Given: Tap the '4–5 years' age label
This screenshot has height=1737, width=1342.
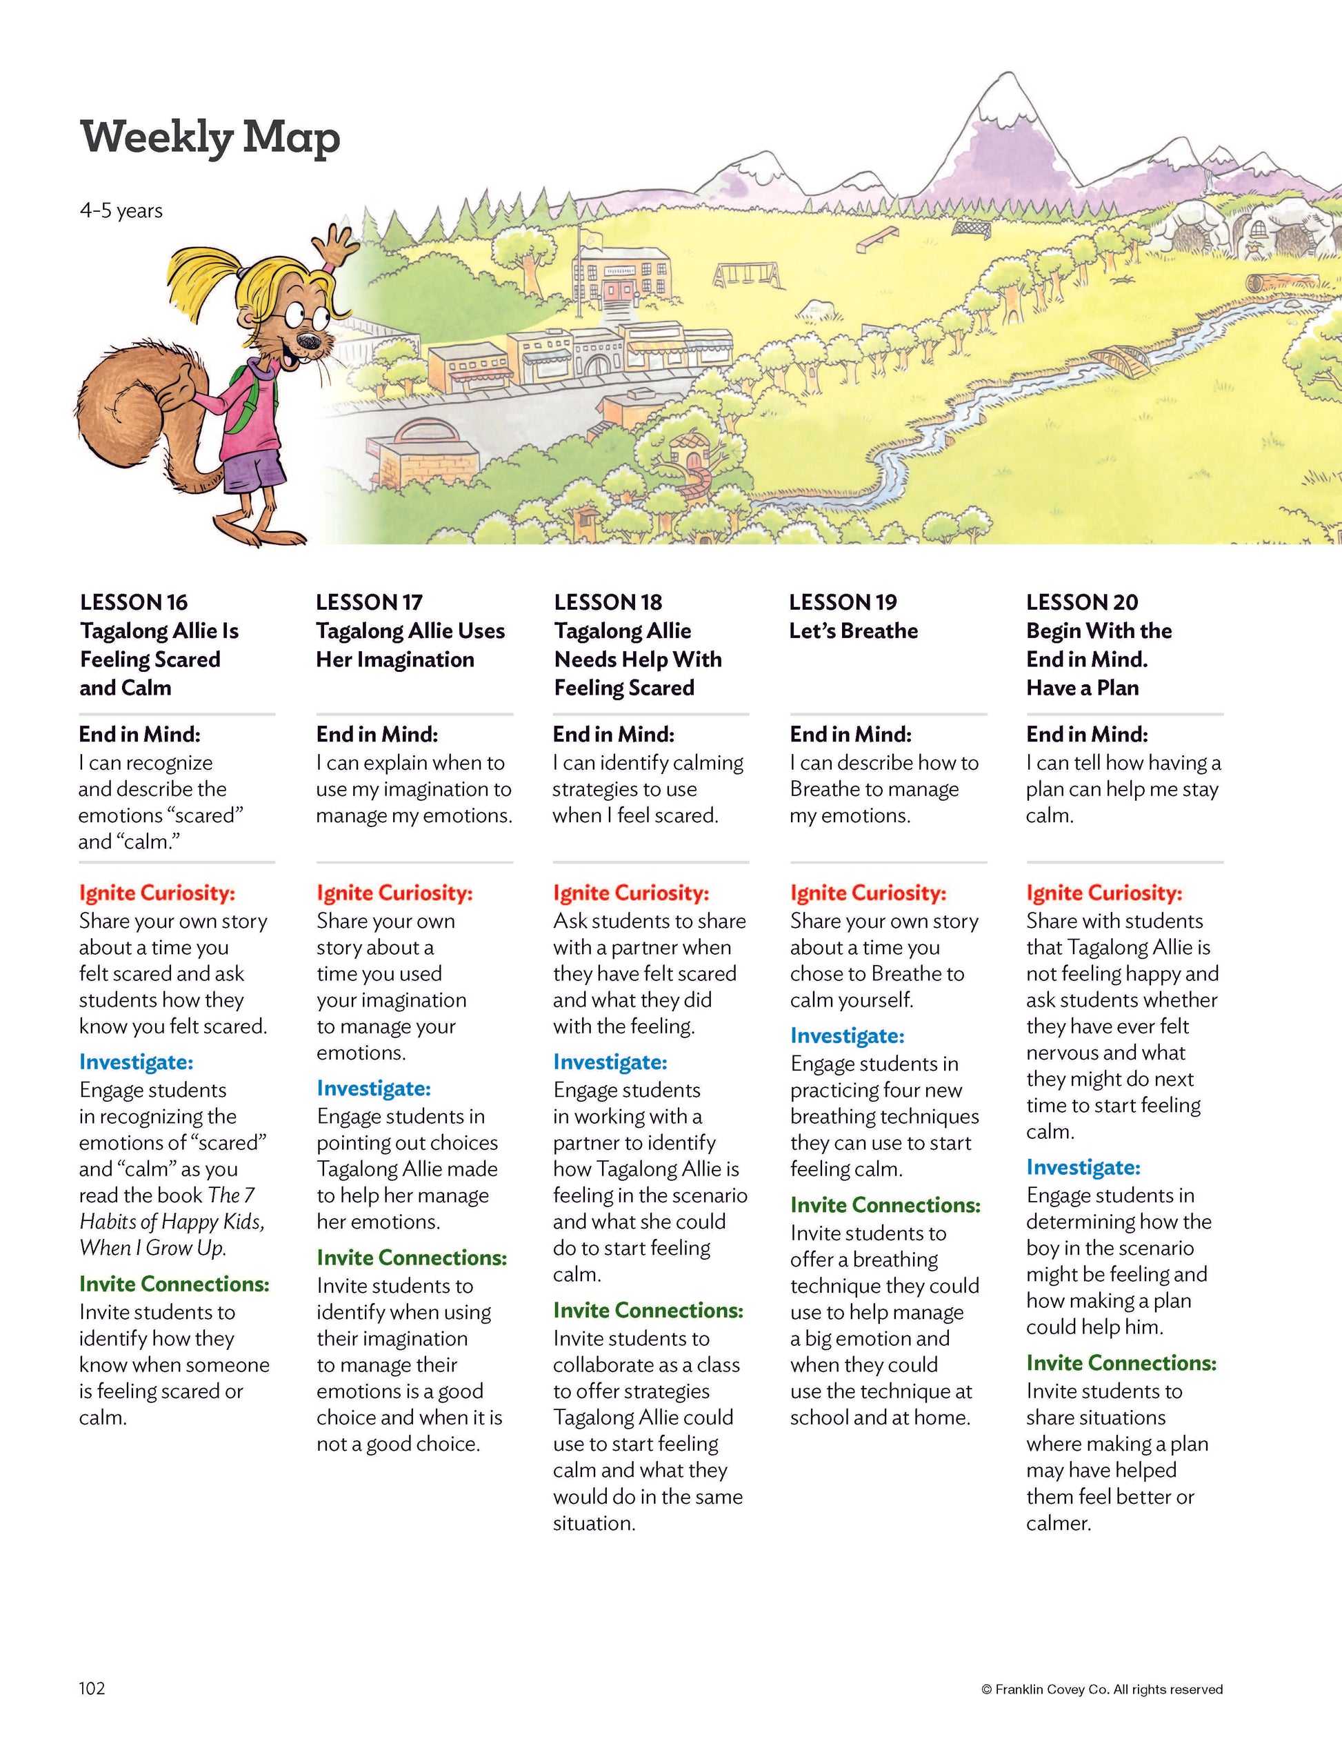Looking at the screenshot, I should [121, 211].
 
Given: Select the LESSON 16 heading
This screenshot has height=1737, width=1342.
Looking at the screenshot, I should [134, 602].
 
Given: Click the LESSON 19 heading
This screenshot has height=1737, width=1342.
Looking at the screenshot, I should [843, 602].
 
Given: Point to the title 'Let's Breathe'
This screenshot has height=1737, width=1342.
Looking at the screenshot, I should [853, 631].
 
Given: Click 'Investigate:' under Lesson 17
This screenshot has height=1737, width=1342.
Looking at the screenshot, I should [374, 1088].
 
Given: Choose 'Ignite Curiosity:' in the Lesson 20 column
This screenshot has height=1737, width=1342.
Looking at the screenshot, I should [1103, 893].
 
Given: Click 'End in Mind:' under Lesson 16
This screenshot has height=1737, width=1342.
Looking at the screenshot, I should [139, 734].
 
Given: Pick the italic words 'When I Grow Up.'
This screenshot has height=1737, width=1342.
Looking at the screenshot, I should [152, 1248].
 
